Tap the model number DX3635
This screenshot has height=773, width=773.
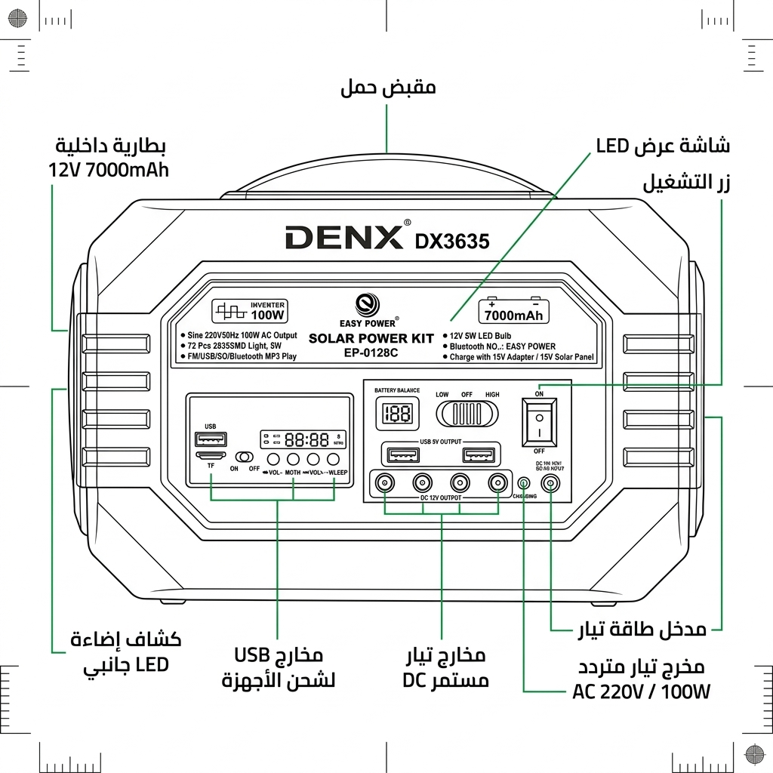coord(452,241)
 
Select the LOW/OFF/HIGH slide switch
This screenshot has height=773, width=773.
coord(467,414)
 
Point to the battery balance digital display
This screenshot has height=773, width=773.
coord(397,413)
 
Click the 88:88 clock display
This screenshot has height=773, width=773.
coord(306,439)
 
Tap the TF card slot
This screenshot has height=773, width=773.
coord(211,457)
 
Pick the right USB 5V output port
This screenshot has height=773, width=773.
coord(479,455)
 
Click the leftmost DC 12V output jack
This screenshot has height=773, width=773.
coord(386,483)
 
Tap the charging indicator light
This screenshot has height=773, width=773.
coord(522,482)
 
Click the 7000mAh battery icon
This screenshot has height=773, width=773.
coord(514,312)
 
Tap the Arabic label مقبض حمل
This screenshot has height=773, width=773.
coord(388,88)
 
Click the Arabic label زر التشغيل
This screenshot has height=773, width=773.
coord(685,183)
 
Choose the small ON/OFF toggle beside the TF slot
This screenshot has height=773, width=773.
coord(245,457)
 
